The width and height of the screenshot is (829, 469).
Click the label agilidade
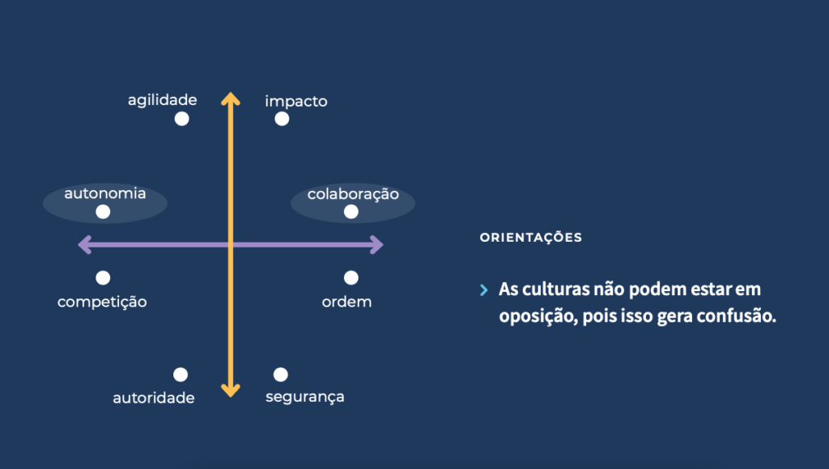tap(162, 100)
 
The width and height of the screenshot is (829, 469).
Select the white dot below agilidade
tap(182, 119)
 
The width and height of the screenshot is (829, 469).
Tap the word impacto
tap(296, 101)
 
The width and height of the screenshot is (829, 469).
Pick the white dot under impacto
tap(282, 119)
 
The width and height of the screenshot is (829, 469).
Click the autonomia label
tap(105, 193)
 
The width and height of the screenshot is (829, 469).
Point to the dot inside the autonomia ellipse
tap(103, 212)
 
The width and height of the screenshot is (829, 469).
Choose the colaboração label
tap(353, 194)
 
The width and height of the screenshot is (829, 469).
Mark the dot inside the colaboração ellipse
tap(351, 212)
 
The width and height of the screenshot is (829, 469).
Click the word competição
tap(102, 302)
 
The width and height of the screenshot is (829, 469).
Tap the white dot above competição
tap(103, 278)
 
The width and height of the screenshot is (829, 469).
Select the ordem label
tap(346, 302)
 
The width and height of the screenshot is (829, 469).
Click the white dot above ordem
tap(351, 278)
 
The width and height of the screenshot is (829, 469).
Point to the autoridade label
tap(154, 398)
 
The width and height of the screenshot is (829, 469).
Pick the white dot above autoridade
tap(181, 374)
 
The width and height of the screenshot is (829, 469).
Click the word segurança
tap(305, 397)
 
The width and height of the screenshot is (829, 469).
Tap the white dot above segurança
tap(281, 374)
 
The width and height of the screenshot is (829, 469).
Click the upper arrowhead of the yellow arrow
tap(231, 98)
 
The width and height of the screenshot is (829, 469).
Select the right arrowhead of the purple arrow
tap(377, 244)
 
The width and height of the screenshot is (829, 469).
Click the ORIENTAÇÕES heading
tap(531, 237)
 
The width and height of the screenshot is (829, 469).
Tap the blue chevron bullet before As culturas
tap(484, 289)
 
